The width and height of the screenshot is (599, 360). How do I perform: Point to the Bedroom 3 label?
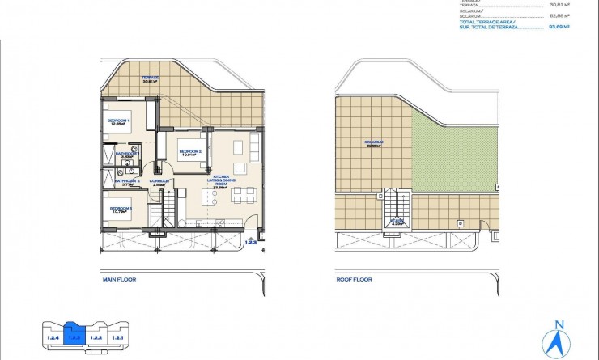120,210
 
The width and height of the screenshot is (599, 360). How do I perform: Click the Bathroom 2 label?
128,183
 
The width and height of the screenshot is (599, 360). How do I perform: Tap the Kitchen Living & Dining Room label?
221,180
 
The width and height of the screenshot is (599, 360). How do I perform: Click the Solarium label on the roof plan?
374,144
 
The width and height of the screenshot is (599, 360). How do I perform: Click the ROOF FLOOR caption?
354,280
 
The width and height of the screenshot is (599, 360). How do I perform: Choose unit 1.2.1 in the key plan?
117,336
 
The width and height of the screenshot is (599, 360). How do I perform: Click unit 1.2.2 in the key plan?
95,336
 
